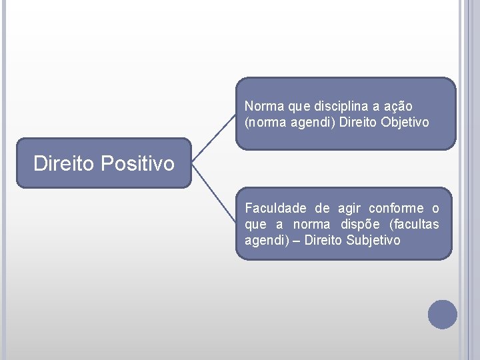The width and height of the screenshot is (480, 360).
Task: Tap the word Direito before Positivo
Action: click(x=65, y=163)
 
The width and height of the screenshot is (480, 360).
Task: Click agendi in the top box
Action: click(x=295, y=123)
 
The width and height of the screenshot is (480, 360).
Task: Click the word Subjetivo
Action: click(x=373, y=240)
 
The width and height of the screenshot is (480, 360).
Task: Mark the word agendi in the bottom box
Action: click(x=262, y=240)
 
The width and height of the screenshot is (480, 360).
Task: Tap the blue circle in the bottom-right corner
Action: click(x=442, y=314)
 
